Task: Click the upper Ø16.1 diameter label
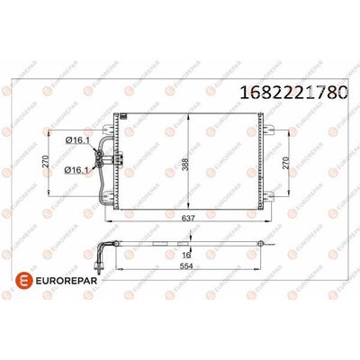[x=76, y=140]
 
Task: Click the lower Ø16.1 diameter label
[x=76, y=169]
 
